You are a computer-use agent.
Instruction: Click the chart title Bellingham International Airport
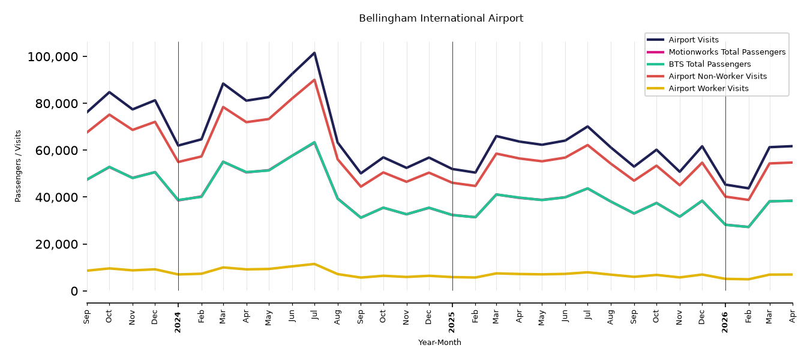(x=441, y=19)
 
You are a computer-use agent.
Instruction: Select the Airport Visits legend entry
(x=693, y=40)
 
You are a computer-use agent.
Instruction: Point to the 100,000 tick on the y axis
(x=53, y=57)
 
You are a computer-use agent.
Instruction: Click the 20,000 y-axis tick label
(x=56, y=244)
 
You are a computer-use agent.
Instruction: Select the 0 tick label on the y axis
(x=74, y=292)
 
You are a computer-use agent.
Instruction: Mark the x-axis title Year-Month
(x=440, y=342)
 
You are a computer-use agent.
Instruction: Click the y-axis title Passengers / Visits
(x=18, y=166)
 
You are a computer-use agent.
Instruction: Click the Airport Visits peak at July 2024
(x=314, y=53)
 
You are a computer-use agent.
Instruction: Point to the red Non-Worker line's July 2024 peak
(x=314, y=80)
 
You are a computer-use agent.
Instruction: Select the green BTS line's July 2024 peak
(x=314, y=142)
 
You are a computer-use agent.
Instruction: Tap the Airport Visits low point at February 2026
(x=748, y=188)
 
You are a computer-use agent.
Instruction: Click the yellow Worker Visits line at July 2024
(x=314, y=264)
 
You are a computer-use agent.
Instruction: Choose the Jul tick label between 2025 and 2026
(x=588, y=315)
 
